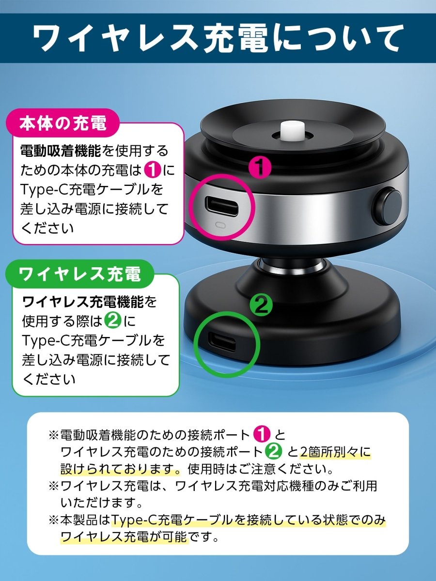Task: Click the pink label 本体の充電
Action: tap(62, 123)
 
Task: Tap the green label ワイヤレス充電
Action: tap(79, 275)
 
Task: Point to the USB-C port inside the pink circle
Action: tap(221, 206)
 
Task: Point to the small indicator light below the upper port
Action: tap(221, 226)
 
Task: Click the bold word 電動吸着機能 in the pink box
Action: tap(61, 151)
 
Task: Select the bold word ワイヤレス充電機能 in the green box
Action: tap(84, 302)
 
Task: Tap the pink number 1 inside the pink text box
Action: tap(153, 170)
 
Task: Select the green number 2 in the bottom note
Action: tap(273, 452)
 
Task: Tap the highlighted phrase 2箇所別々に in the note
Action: tap(335, 452)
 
